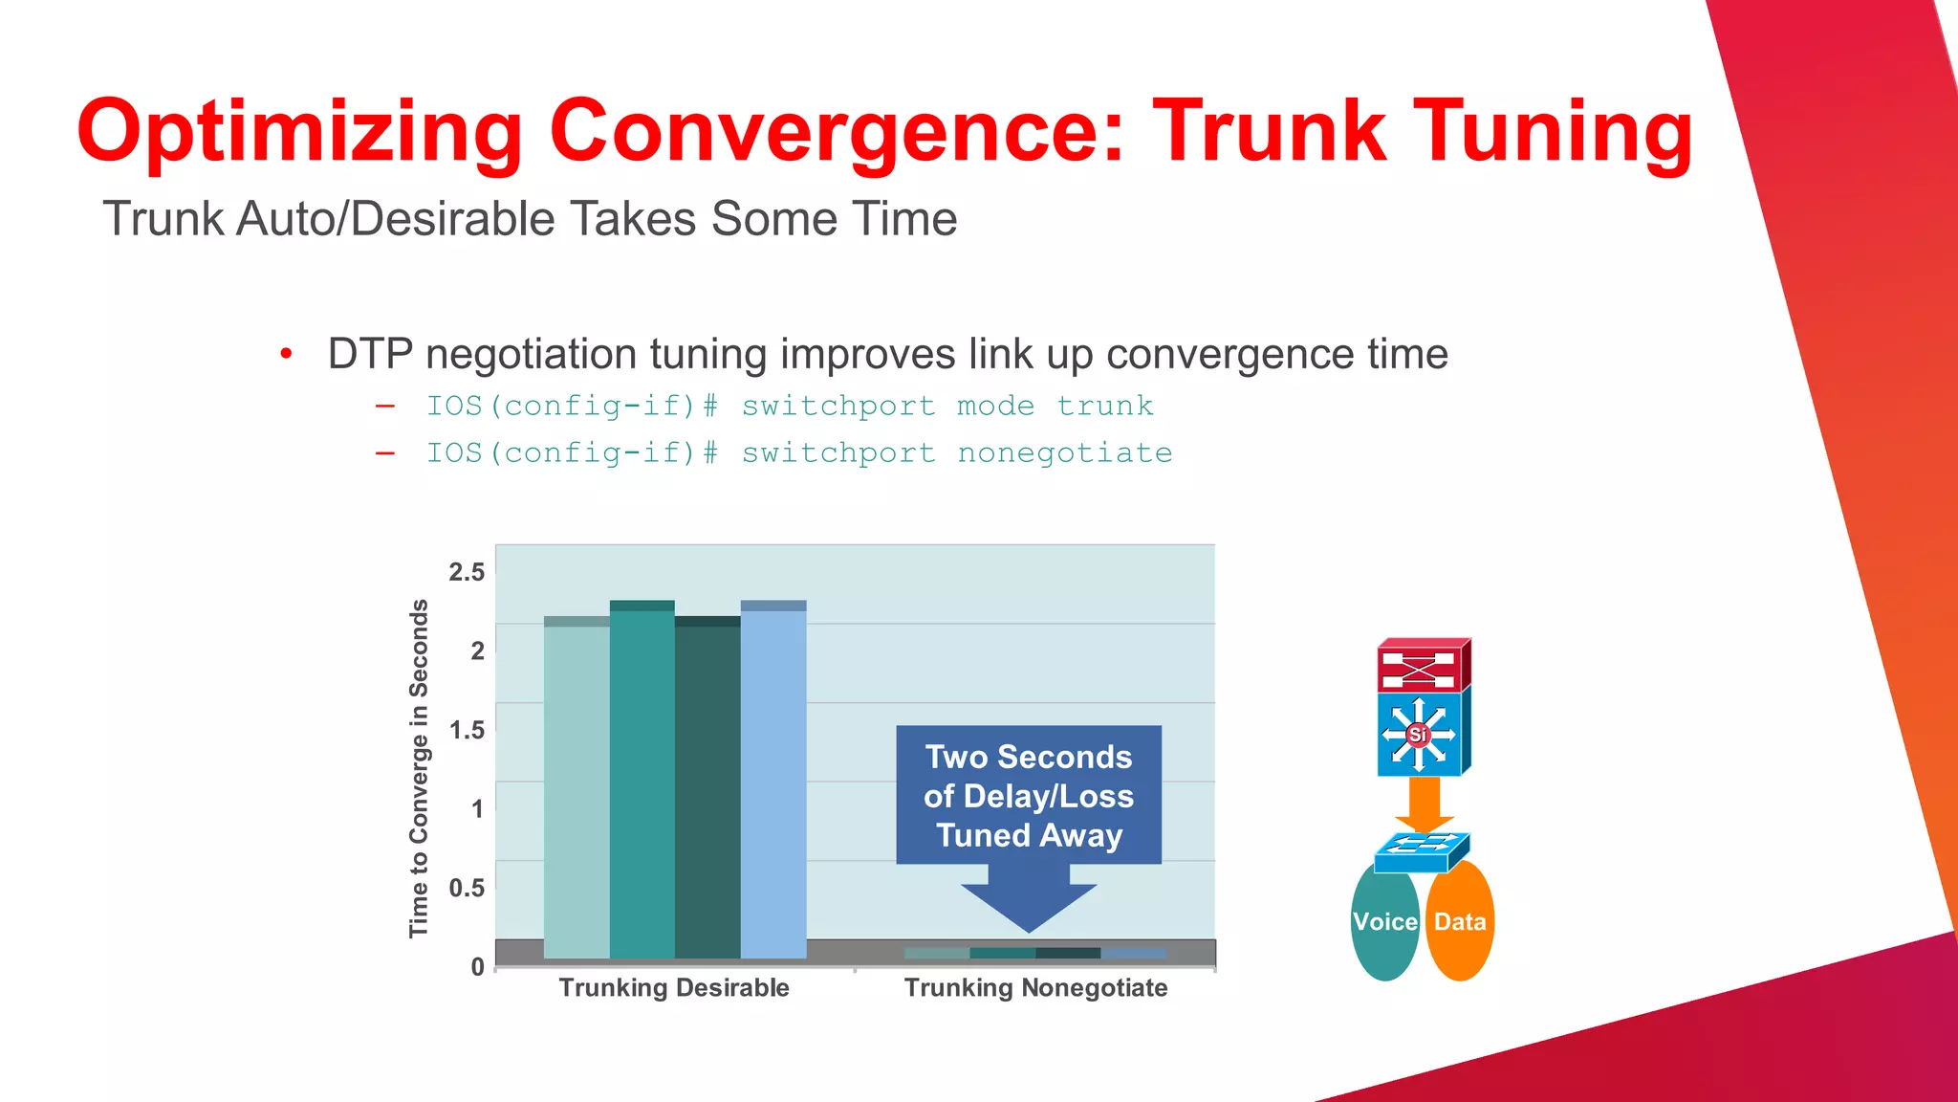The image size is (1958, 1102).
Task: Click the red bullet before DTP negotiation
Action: click(x=286, y=355)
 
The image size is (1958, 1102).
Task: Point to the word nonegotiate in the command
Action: click(x=1064, y=452)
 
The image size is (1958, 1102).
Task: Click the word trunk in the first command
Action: click(x=1104, y=406)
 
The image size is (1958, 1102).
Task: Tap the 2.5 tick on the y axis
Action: click(x=467, y=572)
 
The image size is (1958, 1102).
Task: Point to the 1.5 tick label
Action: click(x=467, y=730)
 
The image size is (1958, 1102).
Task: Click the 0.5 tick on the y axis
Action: click(x=467, y=888)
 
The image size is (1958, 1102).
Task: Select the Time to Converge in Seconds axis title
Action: click(x=419, y=768)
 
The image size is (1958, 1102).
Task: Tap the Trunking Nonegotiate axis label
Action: click(x=1035, y=988)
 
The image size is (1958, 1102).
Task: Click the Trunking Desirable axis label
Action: click(x=674, y=988)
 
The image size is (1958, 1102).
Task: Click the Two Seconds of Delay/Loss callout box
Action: click(x=1029, y=795)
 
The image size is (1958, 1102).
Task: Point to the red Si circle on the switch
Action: click(x=1418, y=735)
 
